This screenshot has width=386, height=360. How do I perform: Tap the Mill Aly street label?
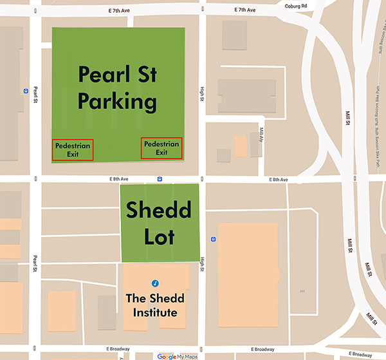click(x=262, y=134)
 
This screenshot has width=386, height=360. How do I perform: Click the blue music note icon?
click(x=154, y=283)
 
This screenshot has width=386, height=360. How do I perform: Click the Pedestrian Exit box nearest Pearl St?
click(x=72, y=149)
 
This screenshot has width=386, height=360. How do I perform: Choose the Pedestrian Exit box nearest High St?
click(x=161, y=148)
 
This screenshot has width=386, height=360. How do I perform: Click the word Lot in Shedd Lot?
click(x=159, y=236)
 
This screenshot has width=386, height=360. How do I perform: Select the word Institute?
click(x=155, y=313)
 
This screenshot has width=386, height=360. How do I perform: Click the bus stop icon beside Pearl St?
click(x=26, y=91)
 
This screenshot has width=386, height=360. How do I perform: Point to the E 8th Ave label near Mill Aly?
click(x=279, y=179)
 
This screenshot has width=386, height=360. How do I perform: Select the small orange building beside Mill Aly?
click(x=240, y=146)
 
